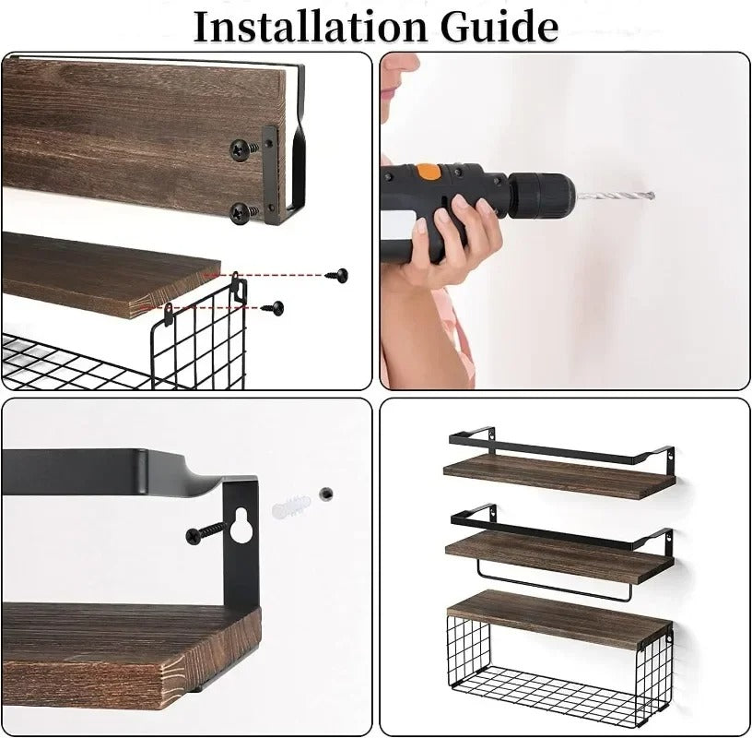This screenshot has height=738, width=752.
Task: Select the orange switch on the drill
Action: [429, 172]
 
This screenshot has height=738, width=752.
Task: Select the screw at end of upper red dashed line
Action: [341, 274]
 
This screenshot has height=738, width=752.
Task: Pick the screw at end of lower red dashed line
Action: [274, 306]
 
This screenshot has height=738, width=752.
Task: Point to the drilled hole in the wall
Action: [325, 494]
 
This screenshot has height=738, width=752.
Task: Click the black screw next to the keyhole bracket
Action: [207, 531]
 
